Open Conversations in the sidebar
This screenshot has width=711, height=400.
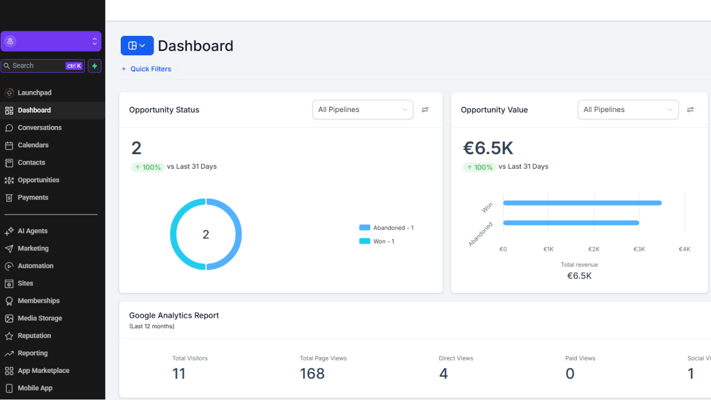tap(39, 128)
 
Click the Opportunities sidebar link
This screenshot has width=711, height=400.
tap(38, 180)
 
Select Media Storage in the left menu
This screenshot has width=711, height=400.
tap(40, 318)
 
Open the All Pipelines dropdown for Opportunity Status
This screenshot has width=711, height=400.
tap(362, 110)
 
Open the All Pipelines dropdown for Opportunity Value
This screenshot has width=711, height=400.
tap(628, 110)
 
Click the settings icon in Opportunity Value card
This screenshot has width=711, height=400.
tap(690, 110)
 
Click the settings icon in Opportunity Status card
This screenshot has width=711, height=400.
tap(425, 110)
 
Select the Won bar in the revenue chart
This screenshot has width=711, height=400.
tap(582, 203)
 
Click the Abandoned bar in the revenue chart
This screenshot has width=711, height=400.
tap(570, 223)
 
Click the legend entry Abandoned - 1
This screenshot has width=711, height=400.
tap(387, 228)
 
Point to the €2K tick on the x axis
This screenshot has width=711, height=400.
tap(594, 249)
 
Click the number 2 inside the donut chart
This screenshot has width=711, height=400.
tap(206, 234)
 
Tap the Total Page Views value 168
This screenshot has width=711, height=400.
tap(312, 373)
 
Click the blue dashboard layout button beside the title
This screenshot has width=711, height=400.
tap(137, 46)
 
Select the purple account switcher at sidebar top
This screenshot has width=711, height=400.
tap(51, 41)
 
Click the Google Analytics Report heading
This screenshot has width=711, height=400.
tap(174, 316)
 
